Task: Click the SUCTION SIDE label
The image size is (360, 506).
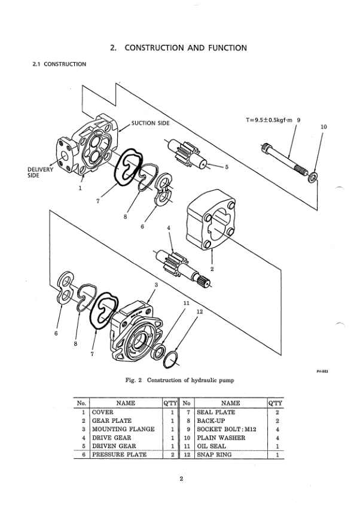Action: click(150, 123)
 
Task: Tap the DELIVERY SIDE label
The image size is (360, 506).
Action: click(40, 172)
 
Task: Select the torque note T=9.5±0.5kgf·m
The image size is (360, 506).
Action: click(269, 120)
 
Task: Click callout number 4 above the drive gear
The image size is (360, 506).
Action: click(169, 228)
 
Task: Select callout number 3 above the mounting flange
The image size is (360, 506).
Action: click(156, 285)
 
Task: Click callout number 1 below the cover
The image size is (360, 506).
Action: click(80, 188)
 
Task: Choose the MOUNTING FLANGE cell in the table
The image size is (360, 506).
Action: click(123, 429)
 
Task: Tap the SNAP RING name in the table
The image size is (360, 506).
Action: click(214, 455)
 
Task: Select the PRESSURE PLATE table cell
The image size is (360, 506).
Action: click(120, 455)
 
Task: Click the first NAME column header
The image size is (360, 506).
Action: click(126, 403)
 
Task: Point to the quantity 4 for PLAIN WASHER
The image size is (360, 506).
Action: click(277, 438)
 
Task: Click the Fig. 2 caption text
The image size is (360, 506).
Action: click(179, 380)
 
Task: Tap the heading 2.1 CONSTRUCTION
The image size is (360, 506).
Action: click(59, 64)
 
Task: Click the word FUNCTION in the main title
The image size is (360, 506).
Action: click(227, 48)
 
